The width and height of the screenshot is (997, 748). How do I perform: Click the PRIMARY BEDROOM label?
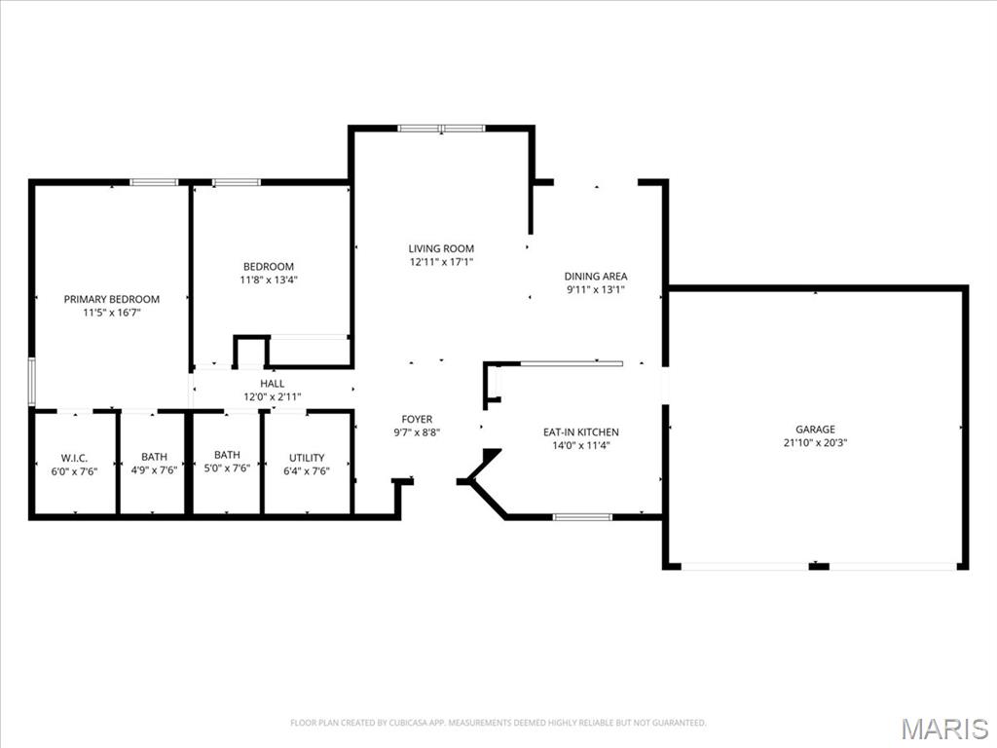click(112, 299)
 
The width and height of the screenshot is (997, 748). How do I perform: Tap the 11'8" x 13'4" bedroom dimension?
click(269, 280)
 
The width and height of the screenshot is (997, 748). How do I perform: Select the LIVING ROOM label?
click(441, 248)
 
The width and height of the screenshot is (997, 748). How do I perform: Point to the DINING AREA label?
click(596, 276)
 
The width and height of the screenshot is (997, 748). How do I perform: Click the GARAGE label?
click(815, 430)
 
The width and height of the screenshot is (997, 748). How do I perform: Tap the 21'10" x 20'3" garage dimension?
click(815, 443)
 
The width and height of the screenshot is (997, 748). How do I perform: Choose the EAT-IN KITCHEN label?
click(581, 431)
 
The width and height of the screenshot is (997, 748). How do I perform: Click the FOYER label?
click(417, 419)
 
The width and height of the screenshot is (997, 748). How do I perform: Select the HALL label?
click(273, 384)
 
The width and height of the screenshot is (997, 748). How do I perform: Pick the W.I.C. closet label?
click(74, 458)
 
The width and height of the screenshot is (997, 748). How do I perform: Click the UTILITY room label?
click(307, 458)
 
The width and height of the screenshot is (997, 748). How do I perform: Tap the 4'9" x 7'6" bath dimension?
click(154, 470)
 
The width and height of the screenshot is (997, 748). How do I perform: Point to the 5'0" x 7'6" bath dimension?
click(227, 468)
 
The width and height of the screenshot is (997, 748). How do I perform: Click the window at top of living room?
click(441, 129)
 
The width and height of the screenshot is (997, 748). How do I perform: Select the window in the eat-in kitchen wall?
click(582, 517)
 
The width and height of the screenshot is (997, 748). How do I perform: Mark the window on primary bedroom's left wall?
click(32, 382)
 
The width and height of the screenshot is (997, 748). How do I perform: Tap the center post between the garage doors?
click(819, 566)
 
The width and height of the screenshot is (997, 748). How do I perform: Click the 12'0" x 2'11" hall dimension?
click(273, 397)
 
